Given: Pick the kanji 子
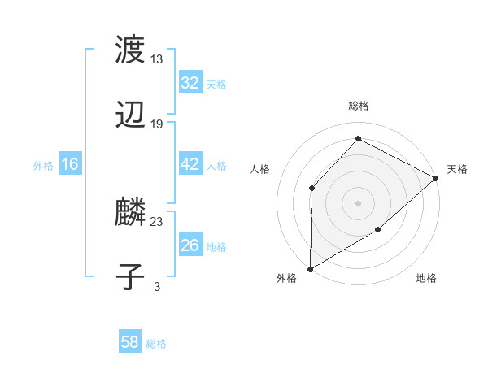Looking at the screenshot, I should pos(131,277).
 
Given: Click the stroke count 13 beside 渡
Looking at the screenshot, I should pos(157,59).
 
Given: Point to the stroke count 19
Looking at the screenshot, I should pos(157,124).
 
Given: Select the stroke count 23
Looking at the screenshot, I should pos(157,221).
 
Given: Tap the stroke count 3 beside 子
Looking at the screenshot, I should pos(157,286).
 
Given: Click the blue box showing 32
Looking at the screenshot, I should pos(190,83).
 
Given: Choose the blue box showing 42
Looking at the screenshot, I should pos(190,164).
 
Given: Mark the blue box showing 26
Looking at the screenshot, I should pos(190,245).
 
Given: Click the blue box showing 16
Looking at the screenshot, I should pos(70,164).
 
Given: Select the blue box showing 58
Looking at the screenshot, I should pos(130,342).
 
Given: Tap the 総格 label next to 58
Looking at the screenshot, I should pos(156,344).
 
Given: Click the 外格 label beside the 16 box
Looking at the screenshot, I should pos(43,166).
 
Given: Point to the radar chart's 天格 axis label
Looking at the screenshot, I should pos(457,169).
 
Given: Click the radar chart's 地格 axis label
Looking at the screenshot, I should pos(426,279).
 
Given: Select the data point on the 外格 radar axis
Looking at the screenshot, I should pos(310,269).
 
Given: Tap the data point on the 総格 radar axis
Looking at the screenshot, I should pos(358,138).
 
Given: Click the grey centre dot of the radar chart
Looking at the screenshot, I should pos(358,202).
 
